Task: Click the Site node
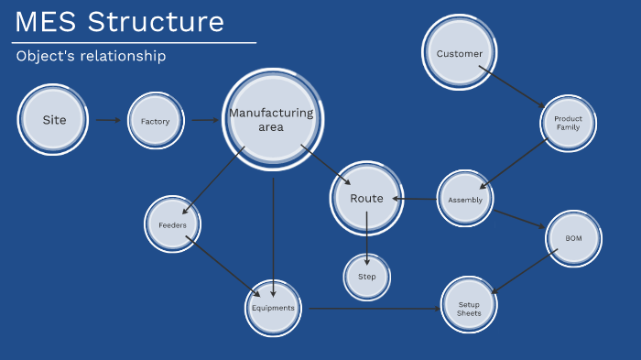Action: click(x=53, y=120)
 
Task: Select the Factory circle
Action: click(x=155, y=121)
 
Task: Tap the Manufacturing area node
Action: click(x=272, y=120)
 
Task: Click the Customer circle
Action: click(x=460, y=54)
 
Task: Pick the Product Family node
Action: click(x=568, y=123)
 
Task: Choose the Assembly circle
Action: click(x=465, y=199)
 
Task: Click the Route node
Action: click(x=366, y=199)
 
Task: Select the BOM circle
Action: click(x=573, y=238)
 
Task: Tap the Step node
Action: click(x=367, y=276)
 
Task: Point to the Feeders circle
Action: click(x=172, y=224)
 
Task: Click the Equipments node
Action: click(x=274, y=308)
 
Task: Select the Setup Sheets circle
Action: click(x=469, y=308)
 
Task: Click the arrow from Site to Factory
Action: click(x=108, y=120)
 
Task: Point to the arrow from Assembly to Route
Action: click(x=413, y=199)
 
